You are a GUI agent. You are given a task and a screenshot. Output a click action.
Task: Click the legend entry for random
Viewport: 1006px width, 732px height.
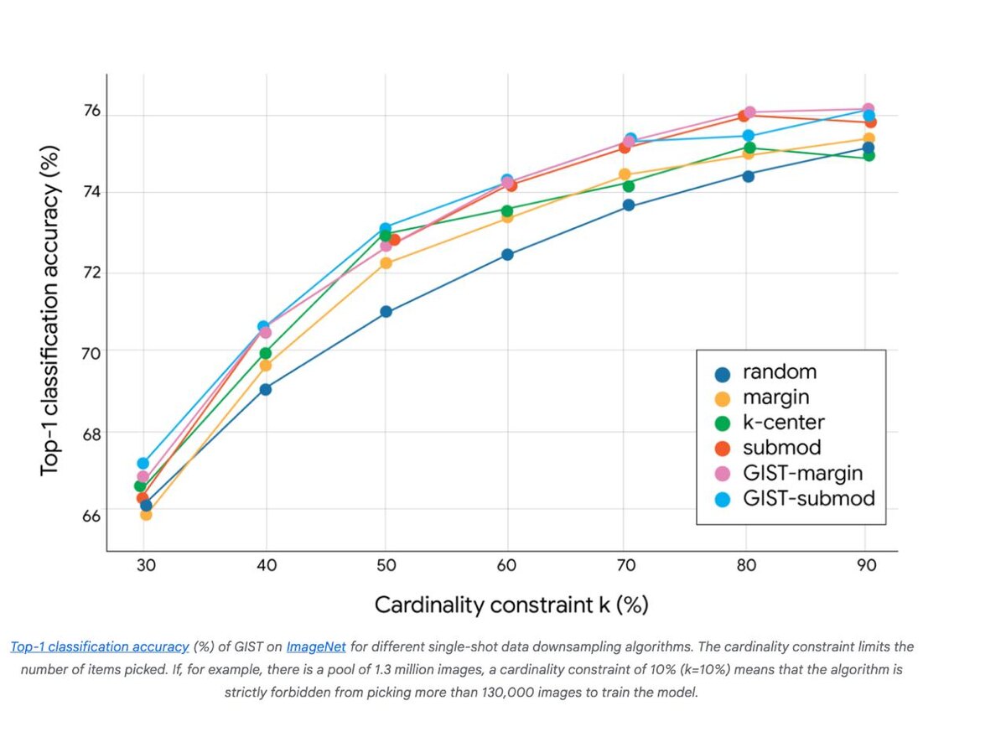pyautogui.click(x=779, y=372)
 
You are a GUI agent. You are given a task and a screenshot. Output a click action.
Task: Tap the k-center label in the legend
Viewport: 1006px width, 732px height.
pyautogui.click(x=783, y=423)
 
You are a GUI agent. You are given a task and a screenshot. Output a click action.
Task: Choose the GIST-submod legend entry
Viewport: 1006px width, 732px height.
pyautogui.click(x=808, y=499)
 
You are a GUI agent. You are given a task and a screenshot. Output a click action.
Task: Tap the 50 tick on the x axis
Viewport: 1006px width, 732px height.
pyautogui.click(x=386, y=565)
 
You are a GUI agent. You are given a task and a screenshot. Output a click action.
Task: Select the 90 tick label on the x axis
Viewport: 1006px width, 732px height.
pyautogui.click(x=867, y=565)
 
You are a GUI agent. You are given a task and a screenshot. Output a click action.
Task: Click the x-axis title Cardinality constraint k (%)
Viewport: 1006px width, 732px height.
pyautogui.click(x=511, y=605)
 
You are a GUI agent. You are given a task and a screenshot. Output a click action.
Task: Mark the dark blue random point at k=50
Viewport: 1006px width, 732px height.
pyautogui.click(x=386, y=312)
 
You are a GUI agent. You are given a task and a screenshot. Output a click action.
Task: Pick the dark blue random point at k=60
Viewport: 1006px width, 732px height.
pyautogui.click(x=507, y=255)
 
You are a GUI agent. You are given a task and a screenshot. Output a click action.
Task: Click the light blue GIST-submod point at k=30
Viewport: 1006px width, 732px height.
pyautogui.click(x=143, y=463)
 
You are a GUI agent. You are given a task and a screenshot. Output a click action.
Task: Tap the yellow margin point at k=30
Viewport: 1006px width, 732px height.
pyautogui.click(x=146, y=514)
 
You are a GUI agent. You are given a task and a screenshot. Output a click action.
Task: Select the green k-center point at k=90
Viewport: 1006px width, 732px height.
pyautogui.click(x=869, y=155)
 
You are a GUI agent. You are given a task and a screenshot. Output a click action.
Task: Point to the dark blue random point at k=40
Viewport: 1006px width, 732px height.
pyautogui.click(x=266, y=389)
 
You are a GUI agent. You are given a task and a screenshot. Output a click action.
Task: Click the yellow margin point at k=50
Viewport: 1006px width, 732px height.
pyautogui.click(x=386, y=263)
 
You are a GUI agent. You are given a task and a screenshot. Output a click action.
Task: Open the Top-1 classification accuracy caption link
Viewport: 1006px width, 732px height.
pyautogui.click(x=100, y=647)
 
